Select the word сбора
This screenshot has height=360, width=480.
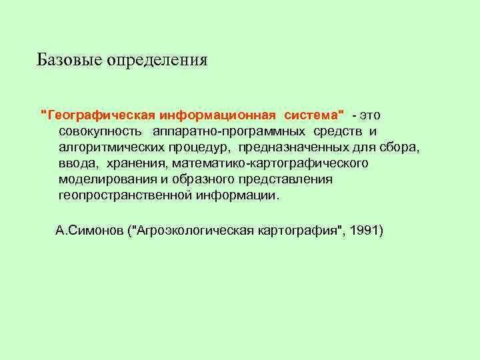pos(401,147)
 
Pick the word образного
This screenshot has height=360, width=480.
pos(194,179)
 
